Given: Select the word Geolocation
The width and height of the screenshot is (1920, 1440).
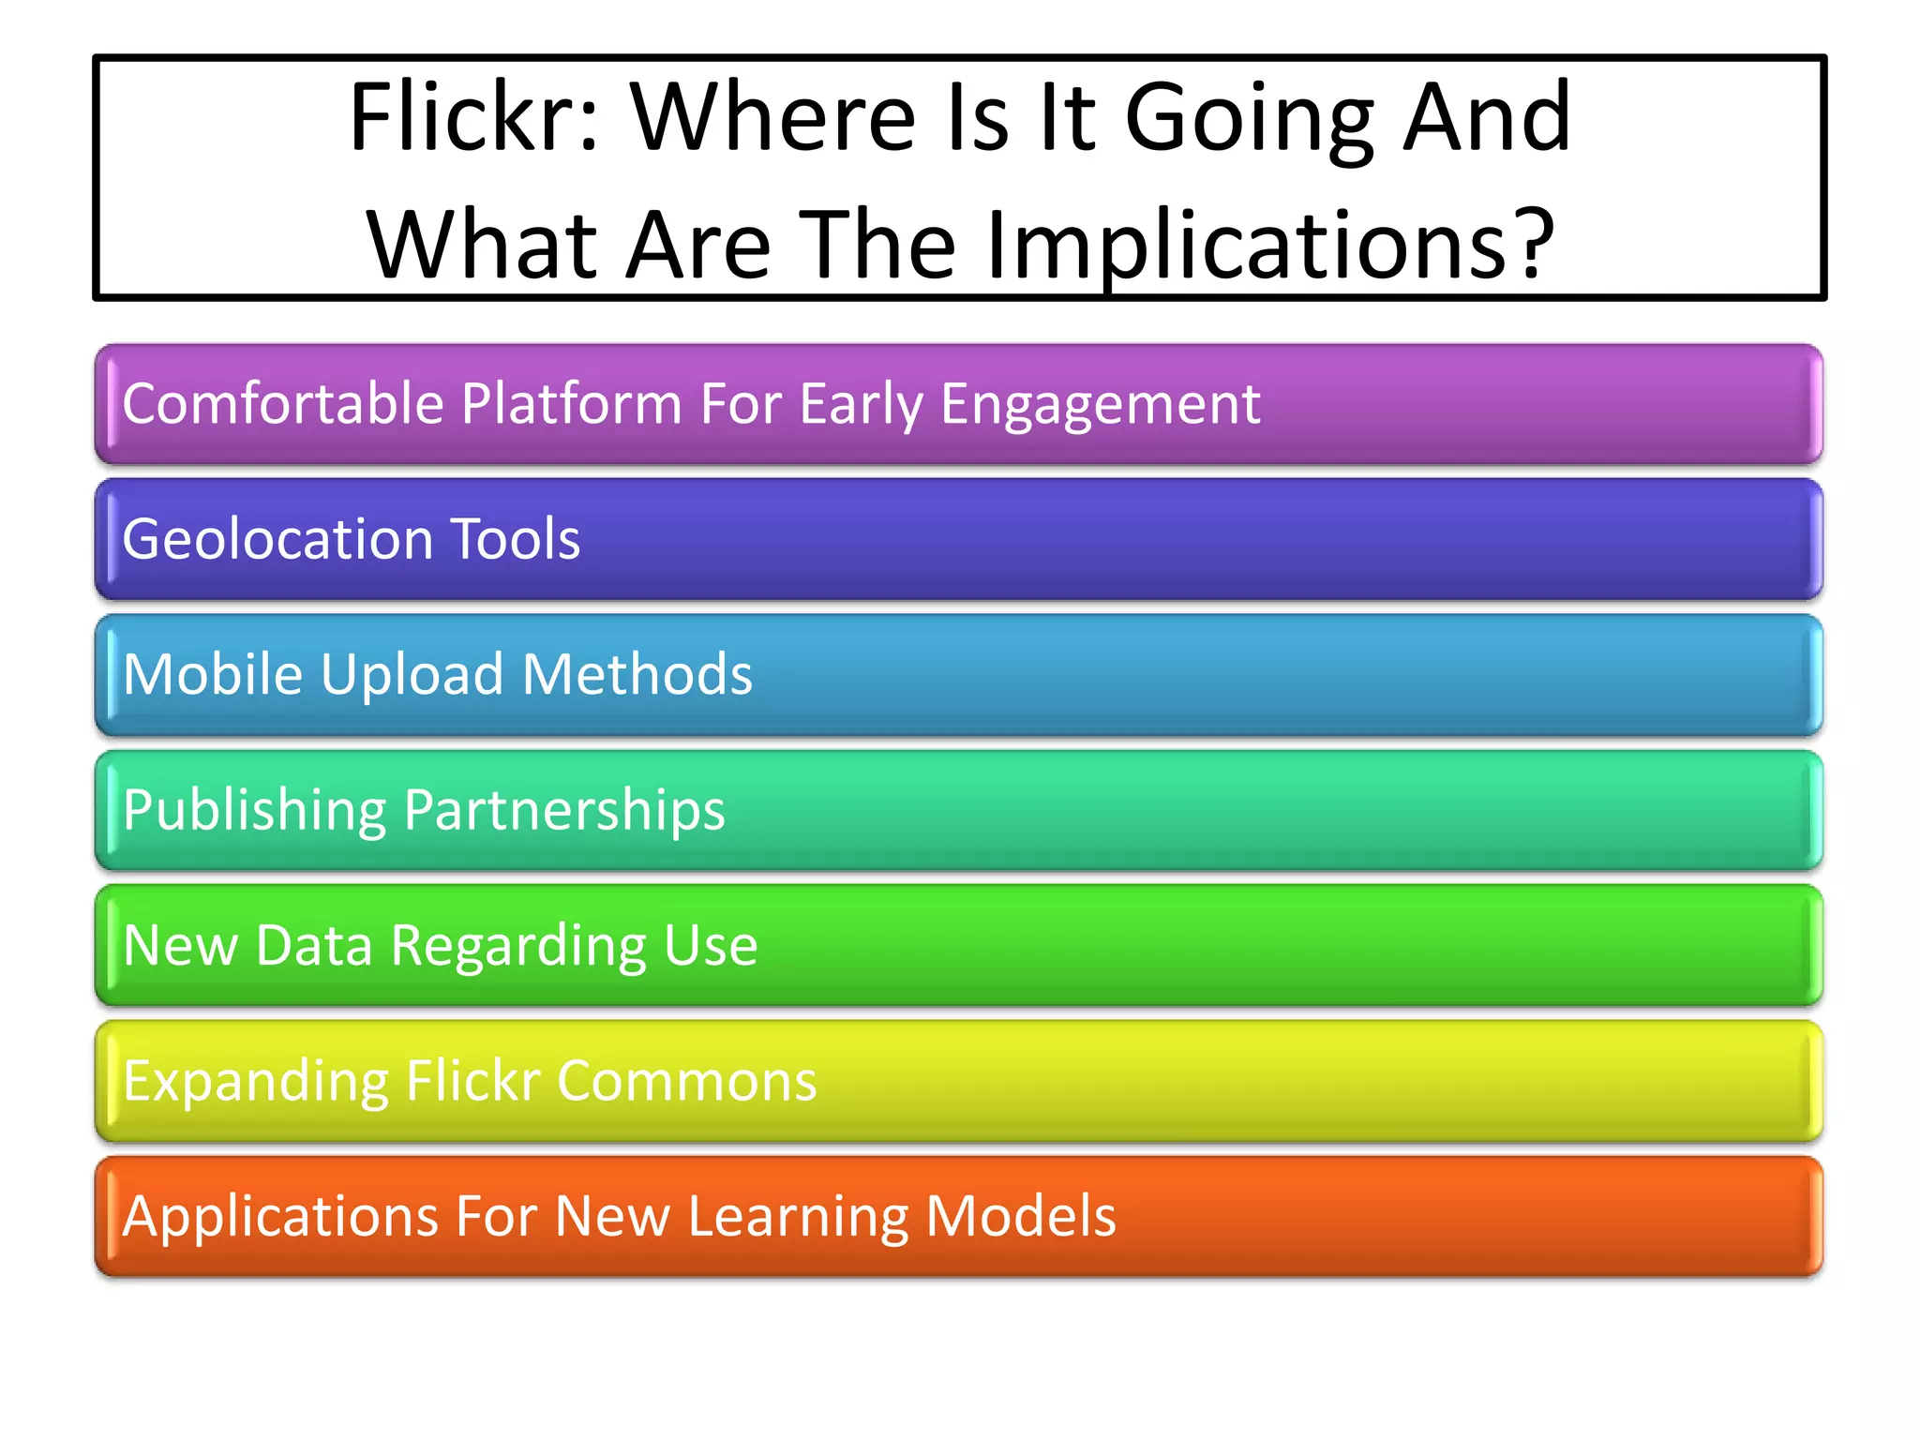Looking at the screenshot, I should [x=277, y=539].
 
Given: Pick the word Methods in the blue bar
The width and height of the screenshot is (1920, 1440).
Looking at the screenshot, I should [x=637, y=674].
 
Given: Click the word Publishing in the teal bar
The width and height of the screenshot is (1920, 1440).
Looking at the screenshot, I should [x=254, y=811].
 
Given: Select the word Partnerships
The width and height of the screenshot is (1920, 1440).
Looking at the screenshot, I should [x=564, y=811].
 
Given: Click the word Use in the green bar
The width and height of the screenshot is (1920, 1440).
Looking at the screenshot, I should [x=711, y=945].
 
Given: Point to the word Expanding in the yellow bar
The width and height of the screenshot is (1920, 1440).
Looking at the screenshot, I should [x=255, y=1082].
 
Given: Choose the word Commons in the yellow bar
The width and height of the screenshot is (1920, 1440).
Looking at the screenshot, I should [x=686, y=1081].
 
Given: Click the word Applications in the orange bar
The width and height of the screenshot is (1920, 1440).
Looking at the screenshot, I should [x=280, y=1217].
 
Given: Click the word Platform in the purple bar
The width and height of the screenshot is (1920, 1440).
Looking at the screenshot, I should [x=572, y=404].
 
